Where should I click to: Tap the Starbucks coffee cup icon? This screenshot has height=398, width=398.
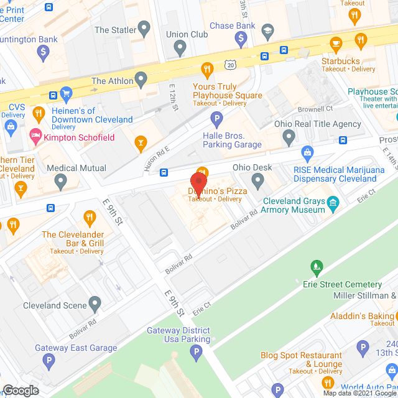(x=336, y=44)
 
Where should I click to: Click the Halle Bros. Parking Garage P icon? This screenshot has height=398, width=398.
(x=216, y=118)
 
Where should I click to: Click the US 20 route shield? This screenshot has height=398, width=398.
(x=232, y=65)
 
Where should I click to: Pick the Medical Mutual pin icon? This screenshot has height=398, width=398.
(x=60, y=181)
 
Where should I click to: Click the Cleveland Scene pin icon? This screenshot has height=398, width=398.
(x=95, y=304)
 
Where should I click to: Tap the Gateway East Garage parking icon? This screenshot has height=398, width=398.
(x=48, y=360)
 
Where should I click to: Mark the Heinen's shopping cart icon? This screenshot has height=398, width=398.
(x=67, y=95)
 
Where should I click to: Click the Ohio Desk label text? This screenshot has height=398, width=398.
(x=252, y=167)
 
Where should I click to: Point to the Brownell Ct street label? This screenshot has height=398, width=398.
(x=315, y=108)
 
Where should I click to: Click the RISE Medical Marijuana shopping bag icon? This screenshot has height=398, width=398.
(x=307, y=152)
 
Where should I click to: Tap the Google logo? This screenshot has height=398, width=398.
(x=21, y=391)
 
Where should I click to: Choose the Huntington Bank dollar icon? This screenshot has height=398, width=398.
(x=42, y=52)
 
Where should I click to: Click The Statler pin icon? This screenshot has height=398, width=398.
(x=144, y=28)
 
